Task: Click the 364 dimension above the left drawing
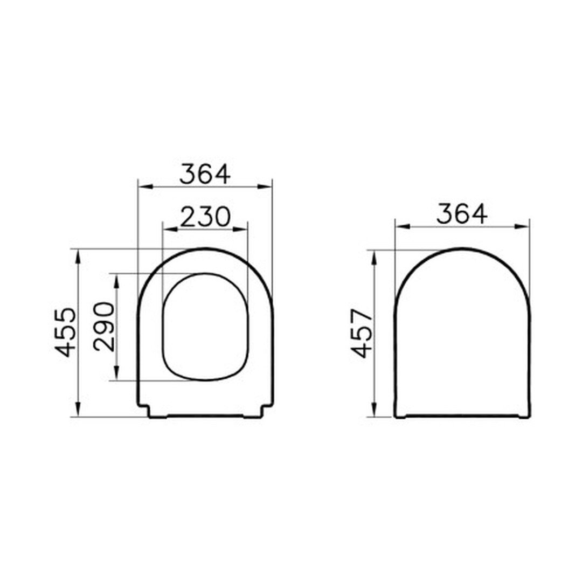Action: click(x=205, y=174)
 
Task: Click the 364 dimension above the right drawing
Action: click(x=462, y=214)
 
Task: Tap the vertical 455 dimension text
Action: click(x=66, y=332)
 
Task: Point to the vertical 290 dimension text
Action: click(x=104, y=327)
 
